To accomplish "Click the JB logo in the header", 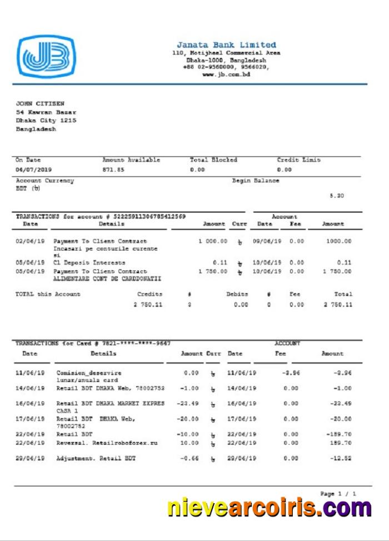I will click(46, 56).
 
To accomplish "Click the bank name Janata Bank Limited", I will click(226, 45).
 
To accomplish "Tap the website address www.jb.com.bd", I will click(226, 74).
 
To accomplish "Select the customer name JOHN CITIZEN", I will click(40, 104).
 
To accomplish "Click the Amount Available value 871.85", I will click(113, 170).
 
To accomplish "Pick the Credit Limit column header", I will click(298, 160).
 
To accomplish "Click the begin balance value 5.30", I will click(337, 196).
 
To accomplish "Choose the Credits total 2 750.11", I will click(148, 304).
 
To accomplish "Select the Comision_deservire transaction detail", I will click(89, 373).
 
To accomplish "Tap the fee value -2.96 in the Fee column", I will click(291, 373).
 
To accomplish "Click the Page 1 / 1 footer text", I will click(338, 494).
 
